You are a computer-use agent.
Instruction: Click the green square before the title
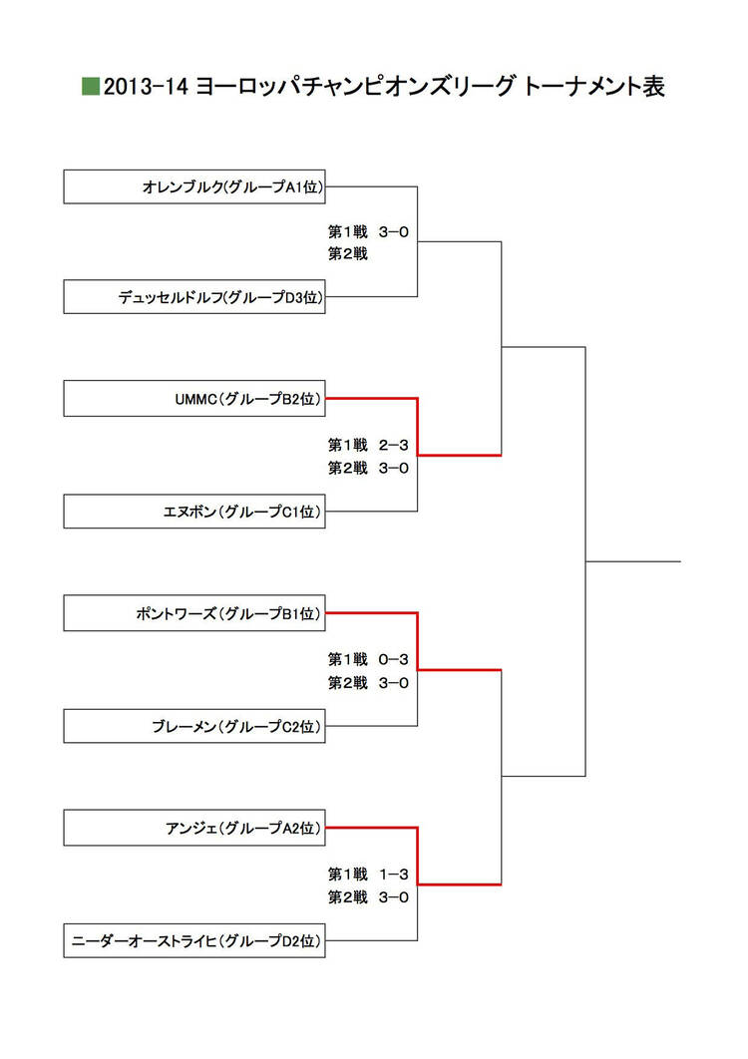pos(90,86)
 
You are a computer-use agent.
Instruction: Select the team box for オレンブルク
pos(194,186)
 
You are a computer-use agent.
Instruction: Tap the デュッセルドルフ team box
pos(194,297)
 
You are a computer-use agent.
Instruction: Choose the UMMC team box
pos(194,399)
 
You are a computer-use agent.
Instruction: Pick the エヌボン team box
pos(194,512)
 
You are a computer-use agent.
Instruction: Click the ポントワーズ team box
pos(194,613)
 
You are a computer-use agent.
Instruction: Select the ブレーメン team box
pos(194,726)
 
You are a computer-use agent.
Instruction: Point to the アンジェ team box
pos(194,828)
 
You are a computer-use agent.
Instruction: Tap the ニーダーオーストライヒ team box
pos(194,940)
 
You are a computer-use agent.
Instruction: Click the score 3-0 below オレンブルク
pos(394,232)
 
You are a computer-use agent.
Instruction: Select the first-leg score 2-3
pos(394,445)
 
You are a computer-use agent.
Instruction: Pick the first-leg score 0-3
pos(394,659)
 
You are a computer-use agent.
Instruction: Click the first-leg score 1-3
pos(394,874)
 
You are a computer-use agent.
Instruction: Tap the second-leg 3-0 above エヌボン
pos(394,468)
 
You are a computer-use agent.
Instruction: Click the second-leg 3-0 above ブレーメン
pos(394,683)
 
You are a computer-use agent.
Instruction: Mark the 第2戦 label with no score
pos(348,254)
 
